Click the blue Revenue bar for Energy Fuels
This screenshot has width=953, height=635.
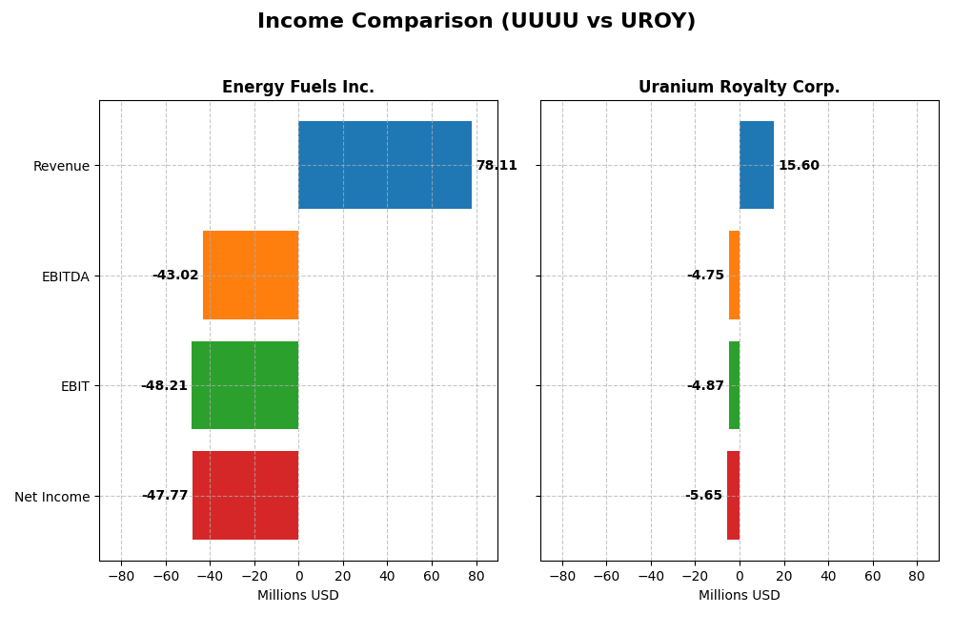point(385,165)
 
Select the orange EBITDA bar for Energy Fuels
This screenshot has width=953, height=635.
point(251,275)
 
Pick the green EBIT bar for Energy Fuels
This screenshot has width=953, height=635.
point(245,385)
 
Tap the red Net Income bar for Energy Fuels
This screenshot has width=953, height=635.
point(246,495)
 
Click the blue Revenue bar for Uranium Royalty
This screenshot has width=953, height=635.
point(757,165)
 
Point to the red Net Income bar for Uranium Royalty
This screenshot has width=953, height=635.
point(734,495)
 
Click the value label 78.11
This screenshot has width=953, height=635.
point(497,166)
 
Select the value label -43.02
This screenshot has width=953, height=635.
point(175,276)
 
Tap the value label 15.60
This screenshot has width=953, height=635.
point(799,166)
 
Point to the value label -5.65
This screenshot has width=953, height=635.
point(703,496)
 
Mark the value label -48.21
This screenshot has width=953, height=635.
point(164,386)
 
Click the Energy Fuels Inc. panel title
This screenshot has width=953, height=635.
point(298,88)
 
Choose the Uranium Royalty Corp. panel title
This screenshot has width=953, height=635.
point(740,88)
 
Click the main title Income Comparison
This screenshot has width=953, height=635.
point(476,22)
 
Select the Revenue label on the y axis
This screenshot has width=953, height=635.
point(61,167)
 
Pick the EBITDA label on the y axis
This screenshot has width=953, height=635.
point(66,277)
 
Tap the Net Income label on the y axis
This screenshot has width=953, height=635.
point(52,497)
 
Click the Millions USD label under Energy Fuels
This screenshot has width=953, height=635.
point(298,596)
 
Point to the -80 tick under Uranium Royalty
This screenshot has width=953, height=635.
point(562,576)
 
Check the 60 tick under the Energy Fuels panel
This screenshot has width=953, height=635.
point(432,576)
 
